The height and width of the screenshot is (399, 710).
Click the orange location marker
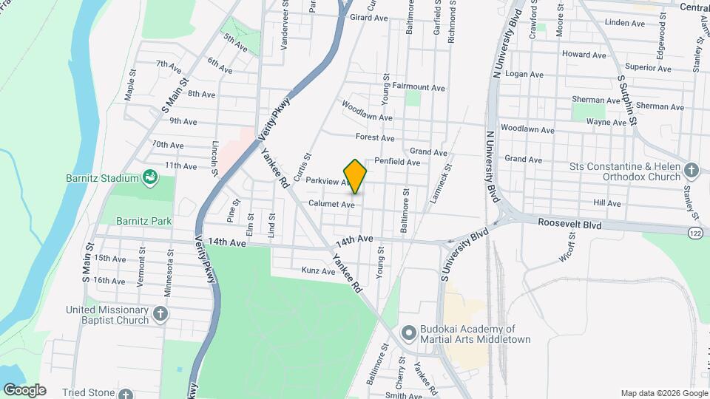[x=356, y=175]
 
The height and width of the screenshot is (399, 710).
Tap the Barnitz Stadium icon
[x=150, y=177]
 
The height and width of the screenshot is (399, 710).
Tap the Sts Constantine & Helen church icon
[x=691, y=171]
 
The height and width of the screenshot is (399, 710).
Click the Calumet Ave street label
[x=332, y=204]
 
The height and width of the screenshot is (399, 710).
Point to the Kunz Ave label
[x=318, y=271]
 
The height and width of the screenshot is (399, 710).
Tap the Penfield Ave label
[x=397, y=162]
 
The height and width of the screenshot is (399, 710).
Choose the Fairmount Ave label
[x=419, y=87]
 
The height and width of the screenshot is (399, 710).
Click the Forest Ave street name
[x=375, y=137]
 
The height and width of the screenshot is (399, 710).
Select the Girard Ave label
[x=369, y=17]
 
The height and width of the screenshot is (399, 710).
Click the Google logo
[x=24, y=390]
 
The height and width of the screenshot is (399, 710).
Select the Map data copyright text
[x=663, y=393]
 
